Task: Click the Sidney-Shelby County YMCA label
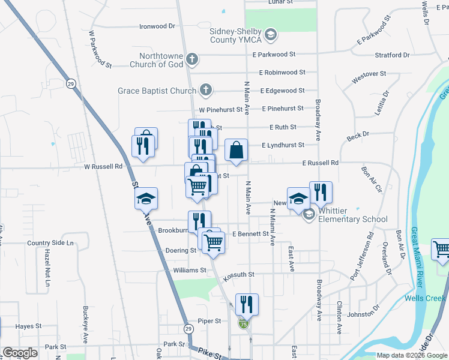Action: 235,35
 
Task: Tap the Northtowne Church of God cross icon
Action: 191,59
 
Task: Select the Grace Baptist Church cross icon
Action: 205,91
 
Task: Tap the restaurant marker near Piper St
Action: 247,304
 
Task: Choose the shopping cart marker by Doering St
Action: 213,242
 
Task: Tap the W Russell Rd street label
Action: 103,166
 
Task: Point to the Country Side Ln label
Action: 50,243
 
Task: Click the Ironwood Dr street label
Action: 157,26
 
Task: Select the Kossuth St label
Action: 239,274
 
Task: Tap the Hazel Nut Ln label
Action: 46,267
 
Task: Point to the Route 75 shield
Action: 243,324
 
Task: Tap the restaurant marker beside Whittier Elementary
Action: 321,192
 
